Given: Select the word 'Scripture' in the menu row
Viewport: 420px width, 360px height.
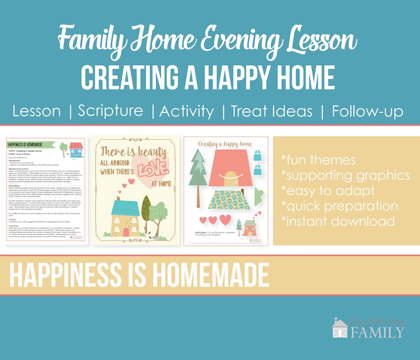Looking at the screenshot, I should click(x=111, y=111).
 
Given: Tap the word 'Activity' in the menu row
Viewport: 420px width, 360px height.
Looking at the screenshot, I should click(x=187, y=111).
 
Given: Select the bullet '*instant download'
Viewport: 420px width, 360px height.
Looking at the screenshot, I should click(x=338, y=221).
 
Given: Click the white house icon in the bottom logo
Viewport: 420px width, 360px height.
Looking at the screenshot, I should click(x=340, y=328).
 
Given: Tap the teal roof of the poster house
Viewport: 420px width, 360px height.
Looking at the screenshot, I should click(x=125, y=208).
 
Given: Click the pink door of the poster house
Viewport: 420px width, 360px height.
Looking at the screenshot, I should click(x=126, y=229).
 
